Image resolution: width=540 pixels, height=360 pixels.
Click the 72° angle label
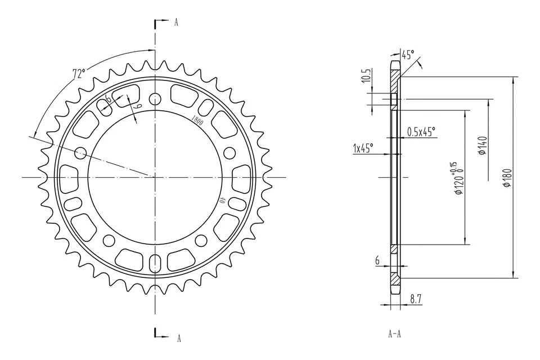(x=79, y=74)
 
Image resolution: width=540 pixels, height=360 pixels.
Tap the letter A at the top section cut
(x=176, y=22)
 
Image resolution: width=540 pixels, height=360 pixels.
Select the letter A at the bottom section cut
(x=179, y=338)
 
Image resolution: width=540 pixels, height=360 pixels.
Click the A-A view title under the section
(x=394, y=334)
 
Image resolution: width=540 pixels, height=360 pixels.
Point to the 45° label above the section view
(x=408, y=55)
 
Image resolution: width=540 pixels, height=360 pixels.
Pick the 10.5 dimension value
(x=367, y=76)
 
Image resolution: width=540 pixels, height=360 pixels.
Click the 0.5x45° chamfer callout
(x=421, y=132)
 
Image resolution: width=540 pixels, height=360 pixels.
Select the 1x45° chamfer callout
(x=363, y=148)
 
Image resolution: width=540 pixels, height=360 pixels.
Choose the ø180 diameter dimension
(x=507, y=178)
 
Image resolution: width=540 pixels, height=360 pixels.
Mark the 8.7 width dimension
(x=416, y=300)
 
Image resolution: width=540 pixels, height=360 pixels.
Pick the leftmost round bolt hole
(x=80, y=152)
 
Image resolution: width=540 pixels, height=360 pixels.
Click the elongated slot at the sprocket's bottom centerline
(x=155, y=263)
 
